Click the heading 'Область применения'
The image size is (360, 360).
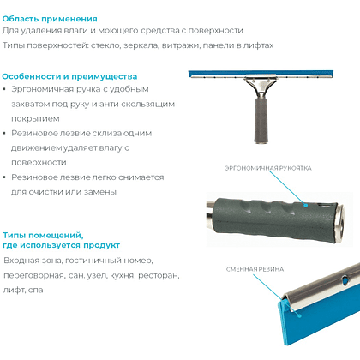(50, 19)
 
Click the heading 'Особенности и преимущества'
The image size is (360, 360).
(69, 76)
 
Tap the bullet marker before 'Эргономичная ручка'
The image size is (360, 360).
(4, 89)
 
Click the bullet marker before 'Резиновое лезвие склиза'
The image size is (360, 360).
(4, 133)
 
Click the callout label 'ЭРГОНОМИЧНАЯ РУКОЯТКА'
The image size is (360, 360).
(268, 168)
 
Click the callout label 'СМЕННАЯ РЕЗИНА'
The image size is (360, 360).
(255, 269)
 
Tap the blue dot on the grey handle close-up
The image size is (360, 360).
(306, 205)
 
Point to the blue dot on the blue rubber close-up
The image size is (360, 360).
(299, 315)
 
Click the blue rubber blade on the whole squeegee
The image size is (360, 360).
(261, 74)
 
